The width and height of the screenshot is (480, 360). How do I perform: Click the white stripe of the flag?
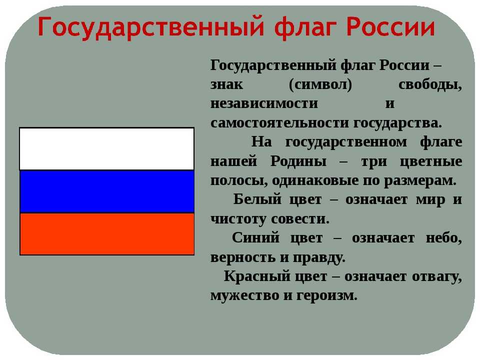[107, 149]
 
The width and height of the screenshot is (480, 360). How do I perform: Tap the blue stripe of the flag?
[107, 191]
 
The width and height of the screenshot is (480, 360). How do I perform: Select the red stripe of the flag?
[107, 234]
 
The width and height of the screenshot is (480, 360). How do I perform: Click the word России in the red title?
[391, 27]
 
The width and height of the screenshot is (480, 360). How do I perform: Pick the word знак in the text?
[226, 84]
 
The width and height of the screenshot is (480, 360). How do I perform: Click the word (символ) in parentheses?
[320, 84]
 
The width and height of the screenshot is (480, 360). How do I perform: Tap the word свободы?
[430, 84]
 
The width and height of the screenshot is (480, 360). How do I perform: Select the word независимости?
[264, 103]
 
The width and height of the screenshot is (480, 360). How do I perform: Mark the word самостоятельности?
[280, 123]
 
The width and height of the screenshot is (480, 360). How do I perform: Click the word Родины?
[298, 161]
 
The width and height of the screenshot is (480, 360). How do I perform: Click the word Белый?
[257, 199]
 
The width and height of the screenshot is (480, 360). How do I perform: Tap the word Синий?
[255, 237]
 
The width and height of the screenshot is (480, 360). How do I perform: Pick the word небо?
[444, 238]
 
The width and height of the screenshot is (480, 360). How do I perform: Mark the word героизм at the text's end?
[327, 296]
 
